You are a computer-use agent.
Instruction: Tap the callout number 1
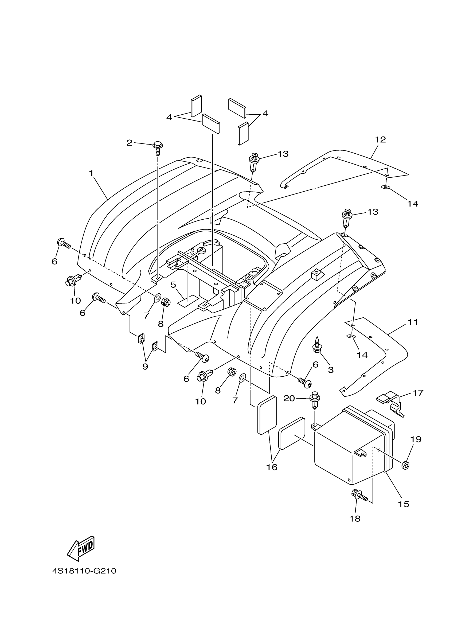pos(91,173)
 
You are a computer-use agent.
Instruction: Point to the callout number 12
pos(380,140)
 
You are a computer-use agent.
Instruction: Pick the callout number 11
pos(413,322)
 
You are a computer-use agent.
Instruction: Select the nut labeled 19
pos(405,465)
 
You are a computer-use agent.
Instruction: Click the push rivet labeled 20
pos(315,400)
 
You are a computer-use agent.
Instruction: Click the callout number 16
pos(272,467)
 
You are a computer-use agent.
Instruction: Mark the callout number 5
pos(173,285)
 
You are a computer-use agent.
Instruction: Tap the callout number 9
pos(145,366)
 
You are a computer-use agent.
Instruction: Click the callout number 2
pos(129,143)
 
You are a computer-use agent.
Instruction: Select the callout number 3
pos(331,370)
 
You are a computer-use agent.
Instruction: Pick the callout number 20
pos(289,398)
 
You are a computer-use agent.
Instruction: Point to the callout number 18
pos(355,519)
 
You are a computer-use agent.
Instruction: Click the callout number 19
pos(416,439)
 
